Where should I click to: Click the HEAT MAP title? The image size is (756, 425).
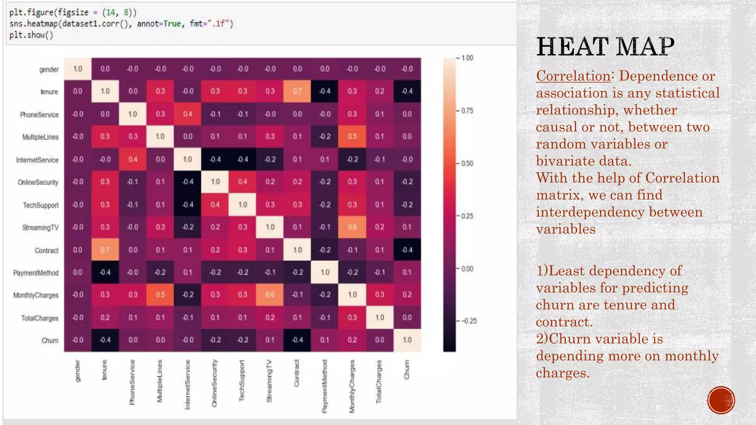pyautogui.click(x=605, y=47)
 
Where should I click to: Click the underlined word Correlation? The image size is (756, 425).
pyautogui.click(x=573, y=76)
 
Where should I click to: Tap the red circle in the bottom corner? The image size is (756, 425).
pyautogui.click(x=721, y=400)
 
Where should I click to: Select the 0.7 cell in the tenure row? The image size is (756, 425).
pyautogui.click(x=297, y=91)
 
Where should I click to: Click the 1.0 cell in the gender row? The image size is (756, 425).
pyautogui.click(x=78, y=69)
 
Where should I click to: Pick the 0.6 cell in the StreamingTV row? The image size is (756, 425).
pyautogui.click(x=352, y=227)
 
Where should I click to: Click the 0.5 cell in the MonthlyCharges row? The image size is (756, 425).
pyautogui.click(x=160, y=295)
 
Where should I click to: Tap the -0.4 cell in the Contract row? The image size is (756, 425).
pyautogui.click(x=407, y=250)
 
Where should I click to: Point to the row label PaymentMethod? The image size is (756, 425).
pyautogui.click(x=36, y=273)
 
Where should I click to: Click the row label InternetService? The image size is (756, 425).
pyautogui.click(x=37, y=160)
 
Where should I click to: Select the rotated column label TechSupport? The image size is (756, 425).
pyautogui.click(x=242, y=380)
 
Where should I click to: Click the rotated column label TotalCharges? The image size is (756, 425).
pyautogui.click(x=379, y=382)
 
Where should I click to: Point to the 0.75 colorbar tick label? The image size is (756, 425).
pyautogui.click(x=467, y=111)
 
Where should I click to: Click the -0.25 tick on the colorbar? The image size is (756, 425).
pyautogui.click(x=469, y=321)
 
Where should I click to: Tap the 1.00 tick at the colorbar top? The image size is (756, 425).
pyautogui.click(x=467, y=58)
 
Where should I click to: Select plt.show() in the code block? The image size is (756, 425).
pyautogui.click(x=31, y=35)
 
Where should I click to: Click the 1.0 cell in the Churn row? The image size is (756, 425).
pyautogui.click(x=407, y=340)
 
